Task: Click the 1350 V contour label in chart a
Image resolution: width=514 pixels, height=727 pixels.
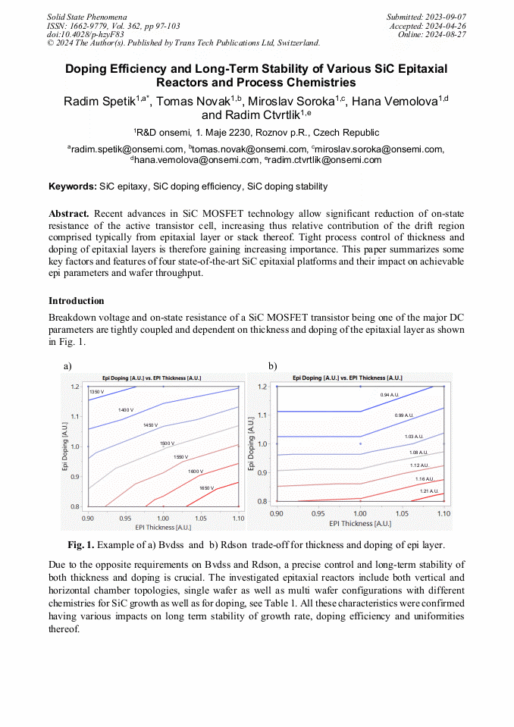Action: [x=96, y=392]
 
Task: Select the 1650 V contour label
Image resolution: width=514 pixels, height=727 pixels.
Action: [x=206, y=488]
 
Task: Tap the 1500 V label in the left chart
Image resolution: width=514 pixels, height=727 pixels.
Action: [x=167, y=443]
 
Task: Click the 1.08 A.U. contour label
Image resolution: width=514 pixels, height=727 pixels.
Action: [x=418, y=453]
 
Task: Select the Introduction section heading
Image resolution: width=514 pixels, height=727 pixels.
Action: [x=76, y=301]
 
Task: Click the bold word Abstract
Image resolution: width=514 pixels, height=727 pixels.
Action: [x=69, y=215]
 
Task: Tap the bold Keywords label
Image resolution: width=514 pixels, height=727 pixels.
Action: [x=72, y=186]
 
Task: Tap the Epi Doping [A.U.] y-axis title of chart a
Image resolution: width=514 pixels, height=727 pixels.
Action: [x=66, y=447]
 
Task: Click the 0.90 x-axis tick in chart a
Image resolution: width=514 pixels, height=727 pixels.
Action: [x=88, y=517]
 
